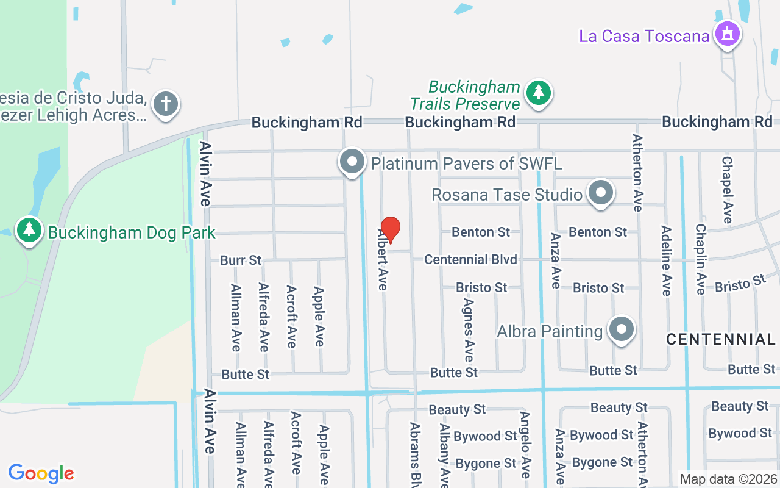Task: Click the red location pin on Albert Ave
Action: [390, 229]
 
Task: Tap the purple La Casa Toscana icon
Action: [727, 34]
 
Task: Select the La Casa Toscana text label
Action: [644, 36]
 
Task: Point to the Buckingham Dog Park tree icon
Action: [29, 230]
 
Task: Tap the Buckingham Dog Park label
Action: [132, 232]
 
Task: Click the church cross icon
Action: [166, 103]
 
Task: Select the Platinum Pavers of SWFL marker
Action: [352, 162]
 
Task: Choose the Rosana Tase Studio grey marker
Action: [601, 192]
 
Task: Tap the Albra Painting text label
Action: [550, 331]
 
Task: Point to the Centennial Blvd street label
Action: [470, 259]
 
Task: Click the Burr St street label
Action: [241, 260]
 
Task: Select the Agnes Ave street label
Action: [469, 329]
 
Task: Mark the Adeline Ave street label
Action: [666, 260]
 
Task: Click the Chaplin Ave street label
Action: [701, 259]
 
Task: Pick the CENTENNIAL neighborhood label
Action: [720, 339]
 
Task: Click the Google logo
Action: [41, 473]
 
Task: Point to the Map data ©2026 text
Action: [728, 479]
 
